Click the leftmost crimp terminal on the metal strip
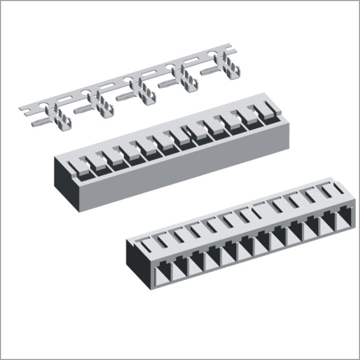pyautogui.click(x=61, y=116)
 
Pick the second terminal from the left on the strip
pyautogui.click(x=102, y=104)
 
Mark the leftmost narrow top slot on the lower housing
pyautogui.click(x=147, y=243)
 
